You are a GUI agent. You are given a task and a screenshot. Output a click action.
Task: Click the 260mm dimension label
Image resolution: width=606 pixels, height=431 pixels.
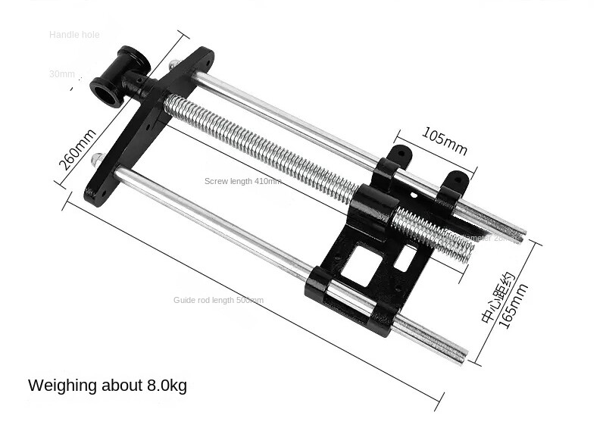[x=77, y=151]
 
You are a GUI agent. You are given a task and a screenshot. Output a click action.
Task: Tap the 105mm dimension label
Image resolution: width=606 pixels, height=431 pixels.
[x=445, y=140]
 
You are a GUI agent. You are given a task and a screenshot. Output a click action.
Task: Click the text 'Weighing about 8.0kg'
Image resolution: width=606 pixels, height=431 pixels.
[x=107, y=386]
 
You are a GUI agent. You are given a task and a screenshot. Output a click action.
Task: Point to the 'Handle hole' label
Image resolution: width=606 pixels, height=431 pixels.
[x=74, y=35]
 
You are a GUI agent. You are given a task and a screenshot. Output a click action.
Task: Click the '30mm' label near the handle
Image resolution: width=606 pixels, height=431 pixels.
[x=62, y=74]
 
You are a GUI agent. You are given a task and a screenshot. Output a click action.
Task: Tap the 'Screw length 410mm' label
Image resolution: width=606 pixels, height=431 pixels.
[x=242, y=181]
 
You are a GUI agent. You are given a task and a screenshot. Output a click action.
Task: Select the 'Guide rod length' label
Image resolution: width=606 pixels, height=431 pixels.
[x=218, y=301]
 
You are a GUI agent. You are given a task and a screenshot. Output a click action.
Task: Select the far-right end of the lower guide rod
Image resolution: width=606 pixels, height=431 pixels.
[x=461, y=354]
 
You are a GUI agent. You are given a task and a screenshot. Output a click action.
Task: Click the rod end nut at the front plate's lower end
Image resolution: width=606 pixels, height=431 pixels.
[x=96, y=160]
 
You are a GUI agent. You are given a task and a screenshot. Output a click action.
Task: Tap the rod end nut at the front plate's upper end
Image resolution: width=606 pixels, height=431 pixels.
[x=173, y=65]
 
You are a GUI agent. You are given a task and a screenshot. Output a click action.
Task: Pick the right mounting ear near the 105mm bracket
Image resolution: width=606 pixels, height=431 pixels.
[x=457, y=183]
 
